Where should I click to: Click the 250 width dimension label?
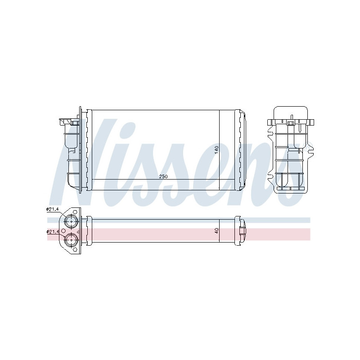(x=163, y=177)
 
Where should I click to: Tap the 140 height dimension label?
(x=216, y=150)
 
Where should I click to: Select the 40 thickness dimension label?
(x=216, y=230)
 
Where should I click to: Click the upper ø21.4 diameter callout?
(x=52, y=209)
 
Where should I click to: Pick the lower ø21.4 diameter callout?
(x=52, y=231)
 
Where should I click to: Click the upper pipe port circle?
(x=71, y=221)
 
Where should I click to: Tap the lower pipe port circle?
(x=71, y=239)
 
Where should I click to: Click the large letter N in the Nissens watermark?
(x=76, y=157)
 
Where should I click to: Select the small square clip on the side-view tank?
(x=291, y=122)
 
